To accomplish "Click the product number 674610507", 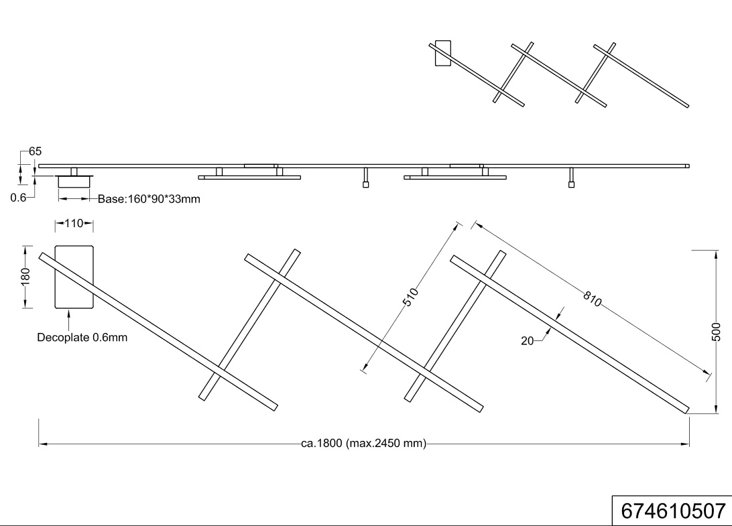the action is pyautogui.click(x=673, y=511).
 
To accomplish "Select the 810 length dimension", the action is pyautogui.click(x=592, y=299).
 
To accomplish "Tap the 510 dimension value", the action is pyautogui.click(x=410, y=298).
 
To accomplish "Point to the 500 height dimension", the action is pyautogui.click(x=717, y=332).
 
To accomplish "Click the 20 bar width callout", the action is pyautogui.click(x=527, y=341).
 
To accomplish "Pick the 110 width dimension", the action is pyautogui.click(x=74, y=224).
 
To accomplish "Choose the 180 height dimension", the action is pyautogui.click(x=25, y=276).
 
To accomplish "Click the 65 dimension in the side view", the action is pyautogui.click(x=35, y=151).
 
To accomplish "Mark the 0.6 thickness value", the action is pyautogui.click(x=18, y=198).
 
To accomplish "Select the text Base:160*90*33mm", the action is pyautogui.click(x=149, y=199).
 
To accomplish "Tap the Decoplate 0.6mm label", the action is pyautogui.click(x=82, y=338).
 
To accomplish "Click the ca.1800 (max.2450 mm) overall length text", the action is pyautogui.click(x=364, y=444).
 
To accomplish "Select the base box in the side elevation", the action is pyautogui.click(x=74, y=182).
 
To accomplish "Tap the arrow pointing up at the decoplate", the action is pyautogui.click(x=68, y=320).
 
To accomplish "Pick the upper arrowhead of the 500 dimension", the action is pyautogui.click(x=717, y=255).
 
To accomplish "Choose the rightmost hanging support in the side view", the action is pyautogui.click(x=571, y=178).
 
